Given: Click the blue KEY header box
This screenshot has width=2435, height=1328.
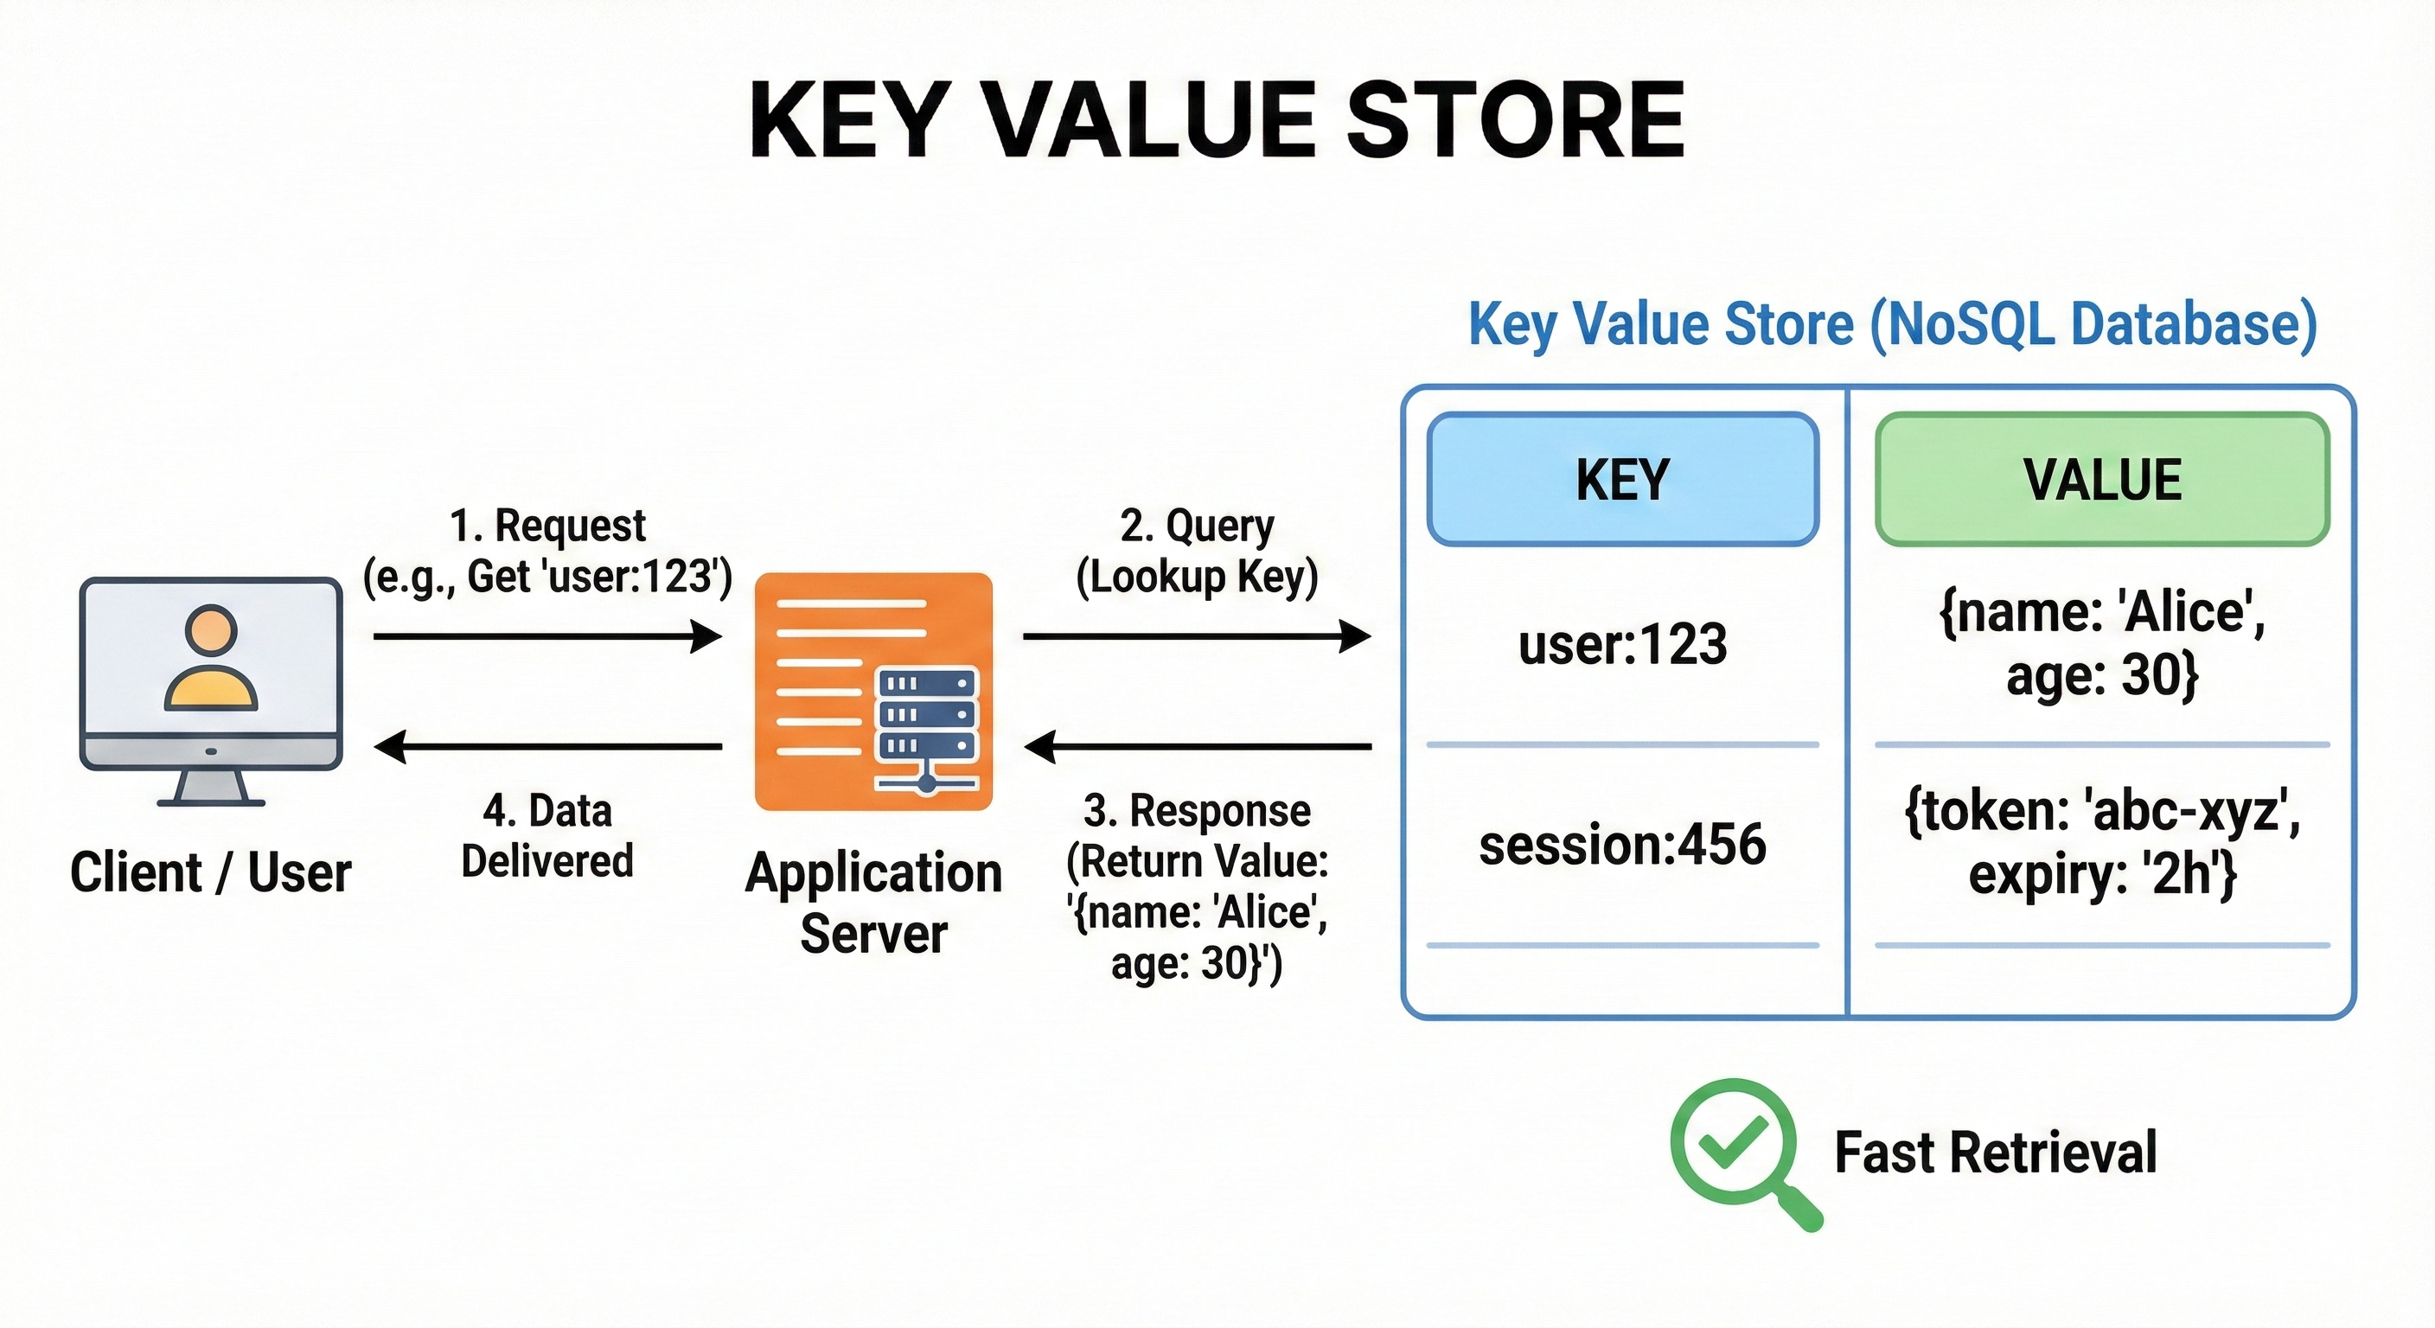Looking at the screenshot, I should click(1622, 479).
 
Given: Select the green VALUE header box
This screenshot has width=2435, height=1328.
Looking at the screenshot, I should click(2102, 479).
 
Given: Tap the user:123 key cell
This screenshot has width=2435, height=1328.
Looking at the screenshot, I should click(1622, 646).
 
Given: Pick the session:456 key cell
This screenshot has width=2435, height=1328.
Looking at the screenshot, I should click(1622, 844).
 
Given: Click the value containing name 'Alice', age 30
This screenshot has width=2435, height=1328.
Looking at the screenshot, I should click(2102, 643).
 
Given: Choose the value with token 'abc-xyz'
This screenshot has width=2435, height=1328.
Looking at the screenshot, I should click(2102, 842).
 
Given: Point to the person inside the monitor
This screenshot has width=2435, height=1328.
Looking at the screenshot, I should click(211, 659).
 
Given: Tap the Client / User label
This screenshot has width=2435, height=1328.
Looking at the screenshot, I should click(211, 871).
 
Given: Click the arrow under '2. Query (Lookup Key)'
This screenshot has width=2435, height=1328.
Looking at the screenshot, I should click(1196, 636).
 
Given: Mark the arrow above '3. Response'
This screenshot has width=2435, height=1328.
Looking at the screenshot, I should click(1196, 747).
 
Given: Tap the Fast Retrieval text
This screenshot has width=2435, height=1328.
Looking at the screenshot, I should click(1995, 1152).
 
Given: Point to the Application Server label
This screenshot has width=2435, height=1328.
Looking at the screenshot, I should click(872, 903).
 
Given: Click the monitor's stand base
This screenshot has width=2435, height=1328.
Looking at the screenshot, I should click(211, 801).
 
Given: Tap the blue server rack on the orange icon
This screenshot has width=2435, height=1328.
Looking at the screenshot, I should click(926, 716).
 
